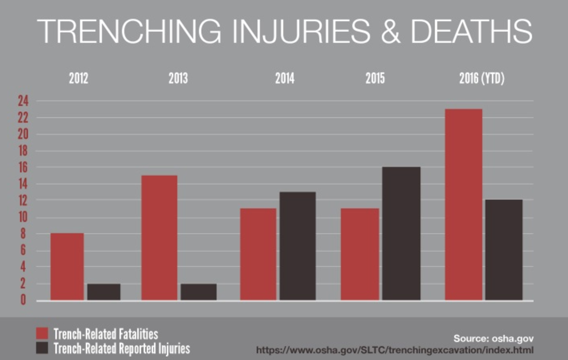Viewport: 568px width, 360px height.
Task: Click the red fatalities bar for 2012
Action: coord(67,267)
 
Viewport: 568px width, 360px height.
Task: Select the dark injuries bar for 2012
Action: coord(104,292)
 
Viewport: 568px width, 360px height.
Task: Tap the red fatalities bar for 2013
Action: coord(159,238)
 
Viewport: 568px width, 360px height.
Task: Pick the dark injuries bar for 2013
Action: coord(198,292)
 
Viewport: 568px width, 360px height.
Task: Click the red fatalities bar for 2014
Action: coord(258,254)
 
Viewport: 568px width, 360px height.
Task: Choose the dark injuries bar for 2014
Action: coord(297,246)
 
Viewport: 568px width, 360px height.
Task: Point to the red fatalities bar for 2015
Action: coord(360,254)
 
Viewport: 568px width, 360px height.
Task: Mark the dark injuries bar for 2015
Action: coord(401,234)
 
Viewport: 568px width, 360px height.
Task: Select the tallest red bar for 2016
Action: coord(463,205)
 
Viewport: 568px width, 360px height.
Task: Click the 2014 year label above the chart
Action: coord(285,79)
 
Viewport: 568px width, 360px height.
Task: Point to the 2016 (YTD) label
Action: coord(481,79)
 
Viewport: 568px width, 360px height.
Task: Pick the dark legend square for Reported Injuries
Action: coord(42,348)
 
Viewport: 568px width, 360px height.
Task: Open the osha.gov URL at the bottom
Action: coord(394,350)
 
